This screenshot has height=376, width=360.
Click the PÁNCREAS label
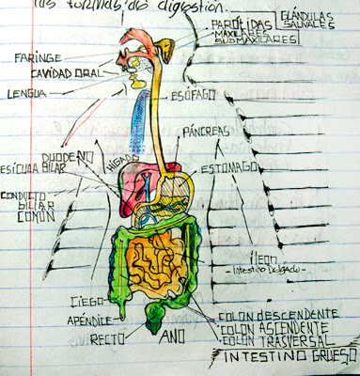209,132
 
